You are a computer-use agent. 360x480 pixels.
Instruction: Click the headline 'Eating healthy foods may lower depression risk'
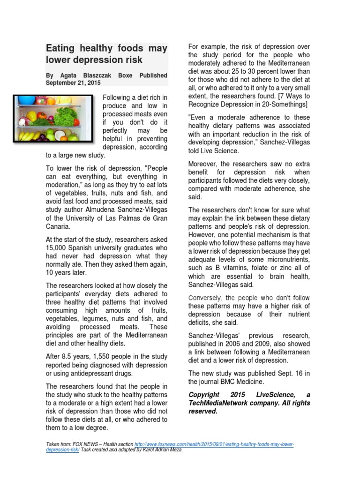(106, 54)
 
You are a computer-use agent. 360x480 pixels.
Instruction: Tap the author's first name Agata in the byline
(67, 75)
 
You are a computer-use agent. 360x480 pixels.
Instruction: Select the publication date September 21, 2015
(73, 83)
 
